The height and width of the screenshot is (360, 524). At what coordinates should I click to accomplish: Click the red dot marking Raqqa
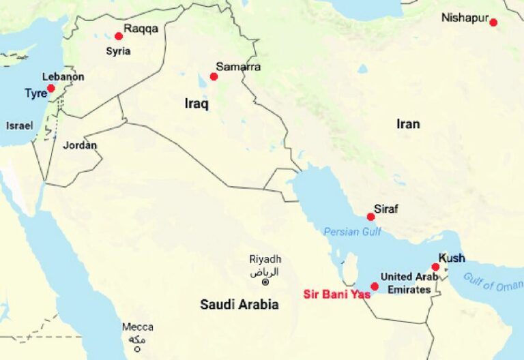pos(119,36)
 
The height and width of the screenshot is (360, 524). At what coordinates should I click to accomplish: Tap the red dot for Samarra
pos(214,76)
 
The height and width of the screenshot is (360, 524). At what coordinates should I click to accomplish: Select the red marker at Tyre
pos(51,89)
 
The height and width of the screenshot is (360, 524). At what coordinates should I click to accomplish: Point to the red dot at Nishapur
pos(493,22)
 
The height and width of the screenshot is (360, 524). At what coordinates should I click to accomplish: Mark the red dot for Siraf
pos(370,217)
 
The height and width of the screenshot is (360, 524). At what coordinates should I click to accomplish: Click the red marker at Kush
pos(435,267)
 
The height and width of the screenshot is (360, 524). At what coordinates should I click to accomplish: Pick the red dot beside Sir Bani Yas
pos(375,286)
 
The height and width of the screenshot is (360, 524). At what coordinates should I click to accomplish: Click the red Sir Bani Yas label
pos(336,295)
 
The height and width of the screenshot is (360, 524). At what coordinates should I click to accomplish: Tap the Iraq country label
pos(196,104)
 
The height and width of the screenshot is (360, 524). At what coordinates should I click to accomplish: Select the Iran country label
pos(408,123)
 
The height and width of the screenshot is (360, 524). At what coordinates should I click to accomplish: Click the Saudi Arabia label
pos(239,304)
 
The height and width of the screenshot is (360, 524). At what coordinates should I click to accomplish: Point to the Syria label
pos(118,51)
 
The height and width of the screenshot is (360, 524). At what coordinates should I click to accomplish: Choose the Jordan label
pos(80,145)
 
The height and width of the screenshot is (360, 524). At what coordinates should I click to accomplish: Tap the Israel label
pos(18,125)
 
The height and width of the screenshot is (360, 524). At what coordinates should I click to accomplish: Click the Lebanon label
pos(63,77)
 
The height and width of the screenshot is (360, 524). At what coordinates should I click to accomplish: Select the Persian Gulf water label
pos(352,231)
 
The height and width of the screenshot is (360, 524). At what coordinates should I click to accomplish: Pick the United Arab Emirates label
pos(409,283)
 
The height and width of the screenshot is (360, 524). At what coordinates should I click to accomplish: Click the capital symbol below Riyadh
pos(265,282)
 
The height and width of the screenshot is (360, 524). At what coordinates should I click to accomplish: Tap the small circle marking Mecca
pos(137,349)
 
